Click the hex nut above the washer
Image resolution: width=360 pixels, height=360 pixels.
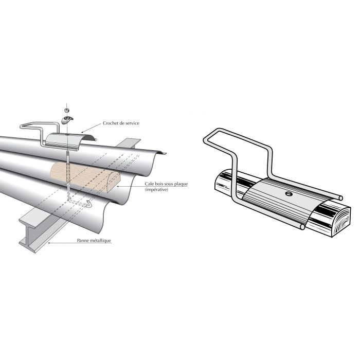(66, 110)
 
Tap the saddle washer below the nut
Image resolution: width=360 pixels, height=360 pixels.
(67, 119)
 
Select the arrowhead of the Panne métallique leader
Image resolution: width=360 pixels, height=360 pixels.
(47, 240)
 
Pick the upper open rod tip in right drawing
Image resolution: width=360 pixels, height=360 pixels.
(341, 196)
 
